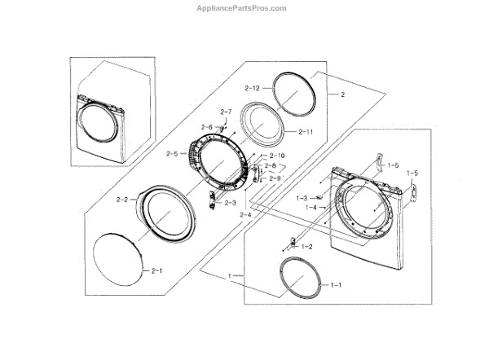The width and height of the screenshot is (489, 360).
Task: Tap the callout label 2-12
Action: point(251,87)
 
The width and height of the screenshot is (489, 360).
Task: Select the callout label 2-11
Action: point(306,132)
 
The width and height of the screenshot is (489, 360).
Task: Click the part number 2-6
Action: point(206,127)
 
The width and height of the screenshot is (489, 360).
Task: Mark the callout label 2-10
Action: point(277,156)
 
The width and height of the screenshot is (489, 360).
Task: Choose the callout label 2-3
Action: point(231,203)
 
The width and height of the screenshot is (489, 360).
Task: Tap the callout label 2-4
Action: point(245,214)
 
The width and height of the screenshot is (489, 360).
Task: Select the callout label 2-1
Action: point(155,270)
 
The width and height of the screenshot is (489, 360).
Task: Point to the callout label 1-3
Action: point(302,198)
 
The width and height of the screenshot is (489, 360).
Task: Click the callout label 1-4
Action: point(311,208)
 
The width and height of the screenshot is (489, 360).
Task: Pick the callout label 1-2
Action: point(307,246)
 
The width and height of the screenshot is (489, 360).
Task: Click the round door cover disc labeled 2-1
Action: point(119,260)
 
